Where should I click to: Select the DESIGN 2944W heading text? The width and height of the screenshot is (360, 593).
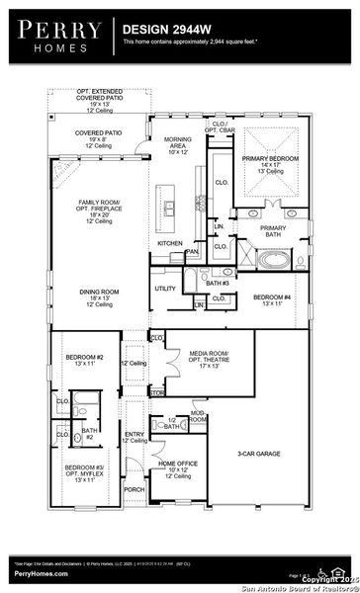[164, 30]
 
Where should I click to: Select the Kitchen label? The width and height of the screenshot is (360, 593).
[169, 243]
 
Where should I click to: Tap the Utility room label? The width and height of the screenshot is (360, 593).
[164, 289]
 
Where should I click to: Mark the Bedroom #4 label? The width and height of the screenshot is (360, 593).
[272, 301]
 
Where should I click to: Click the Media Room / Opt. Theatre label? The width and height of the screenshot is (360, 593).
[209, 358]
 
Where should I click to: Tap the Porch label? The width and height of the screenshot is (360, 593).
[134, 487]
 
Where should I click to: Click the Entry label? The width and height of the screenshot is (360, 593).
[134, 436]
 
